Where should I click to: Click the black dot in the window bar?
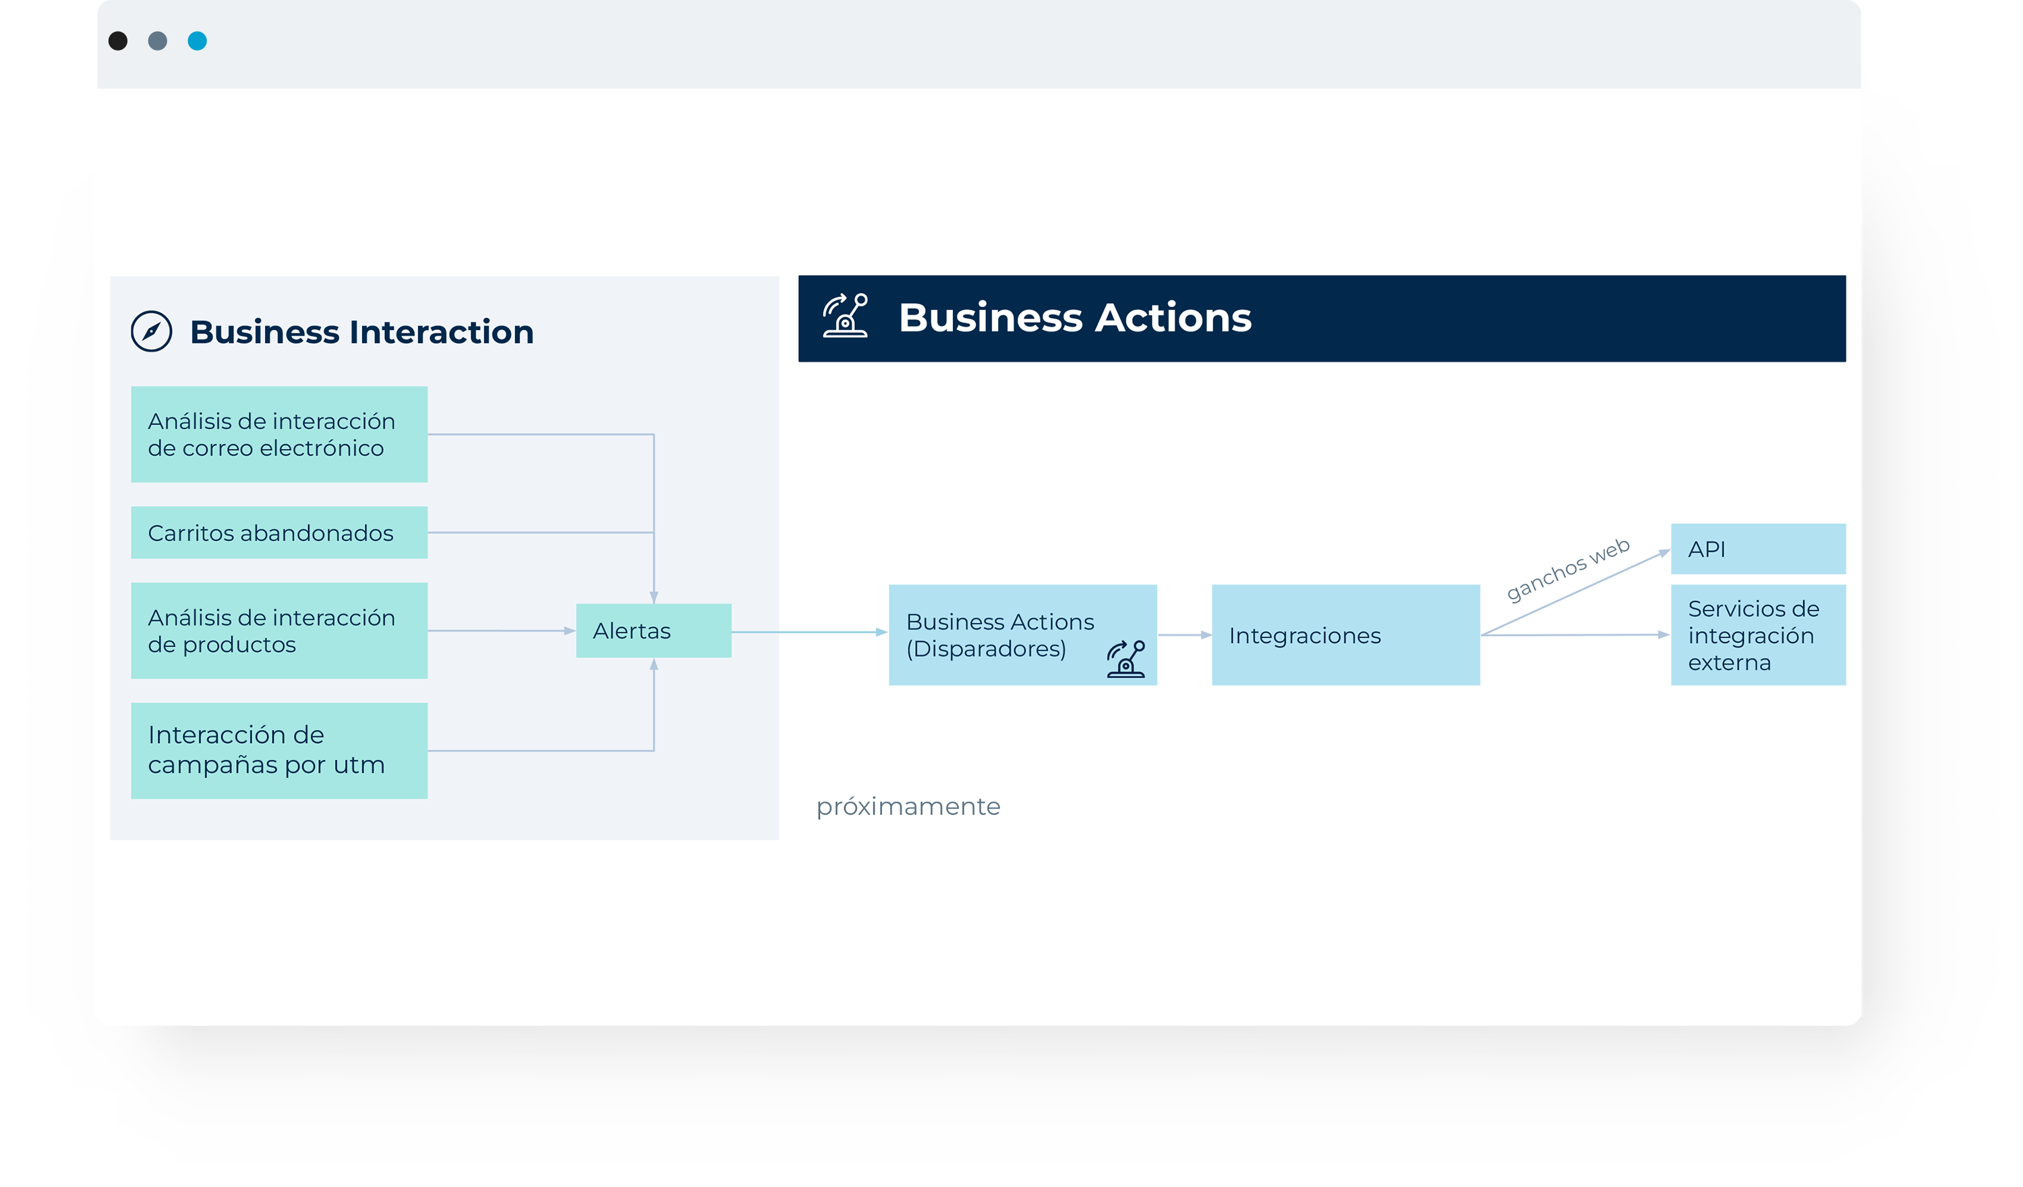(118, 41)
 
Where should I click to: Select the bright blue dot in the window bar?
(198, 41)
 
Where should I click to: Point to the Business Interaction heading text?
(362, 332)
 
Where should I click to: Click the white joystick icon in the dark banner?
(846, 316)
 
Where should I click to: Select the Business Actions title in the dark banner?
(1075, 317)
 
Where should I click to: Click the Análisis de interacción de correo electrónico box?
(279, 435)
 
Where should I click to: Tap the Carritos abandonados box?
(279, 532)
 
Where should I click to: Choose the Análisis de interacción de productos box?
(279, 630)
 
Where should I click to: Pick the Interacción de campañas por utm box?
(279, 751)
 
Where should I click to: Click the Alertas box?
(653, 630)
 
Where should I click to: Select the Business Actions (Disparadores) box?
(1023, 634)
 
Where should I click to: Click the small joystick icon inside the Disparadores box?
(1126, 659)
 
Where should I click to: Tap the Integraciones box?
(1346, 634)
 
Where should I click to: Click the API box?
(1758, 549)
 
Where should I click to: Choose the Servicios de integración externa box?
(1758, 634)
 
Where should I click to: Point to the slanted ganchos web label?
(1567, 570)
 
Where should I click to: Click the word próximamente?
(908, 806)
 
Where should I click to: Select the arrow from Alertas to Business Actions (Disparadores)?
(810, 632)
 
